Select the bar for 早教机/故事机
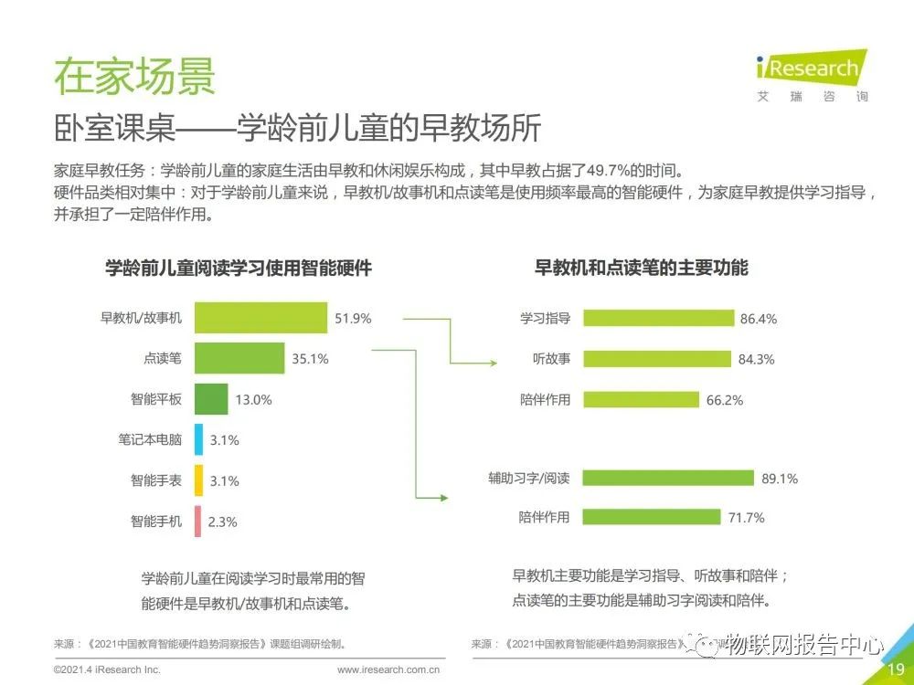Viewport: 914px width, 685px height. click(x=260, y=318)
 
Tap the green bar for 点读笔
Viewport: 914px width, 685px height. click(x=239, y=358)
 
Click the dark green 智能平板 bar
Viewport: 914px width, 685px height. click(x=210, y=399)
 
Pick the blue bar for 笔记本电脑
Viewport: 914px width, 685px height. click(x=198, y=439)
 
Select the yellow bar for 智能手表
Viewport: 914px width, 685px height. click(x=198, y=480)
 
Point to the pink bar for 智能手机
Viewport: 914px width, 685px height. click(x=197, y=522)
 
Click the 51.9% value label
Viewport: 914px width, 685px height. click(x=353, y=319)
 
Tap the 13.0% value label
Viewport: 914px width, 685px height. click(x=253, y=400)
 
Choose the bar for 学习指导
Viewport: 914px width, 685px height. click(x=658, y=318)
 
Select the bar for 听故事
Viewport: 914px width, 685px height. click(x=656, y=359)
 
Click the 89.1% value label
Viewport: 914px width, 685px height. click(x=780, y=478)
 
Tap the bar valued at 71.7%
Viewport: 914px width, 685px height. click(x=652, y=517)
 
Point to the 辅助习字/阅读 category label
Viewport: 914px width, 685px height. click(x=528, y=478)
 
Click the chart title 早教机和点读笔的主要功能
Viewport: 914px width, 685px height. click(x=641, y=268)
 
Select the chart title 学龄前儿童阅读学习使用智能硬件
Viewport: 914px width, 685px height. click(x=239, y=268)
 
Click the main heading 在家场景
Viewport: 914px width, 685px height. click(x=134, y=76)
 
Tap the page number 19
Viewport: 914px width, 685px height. click(x=896, y=670)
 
